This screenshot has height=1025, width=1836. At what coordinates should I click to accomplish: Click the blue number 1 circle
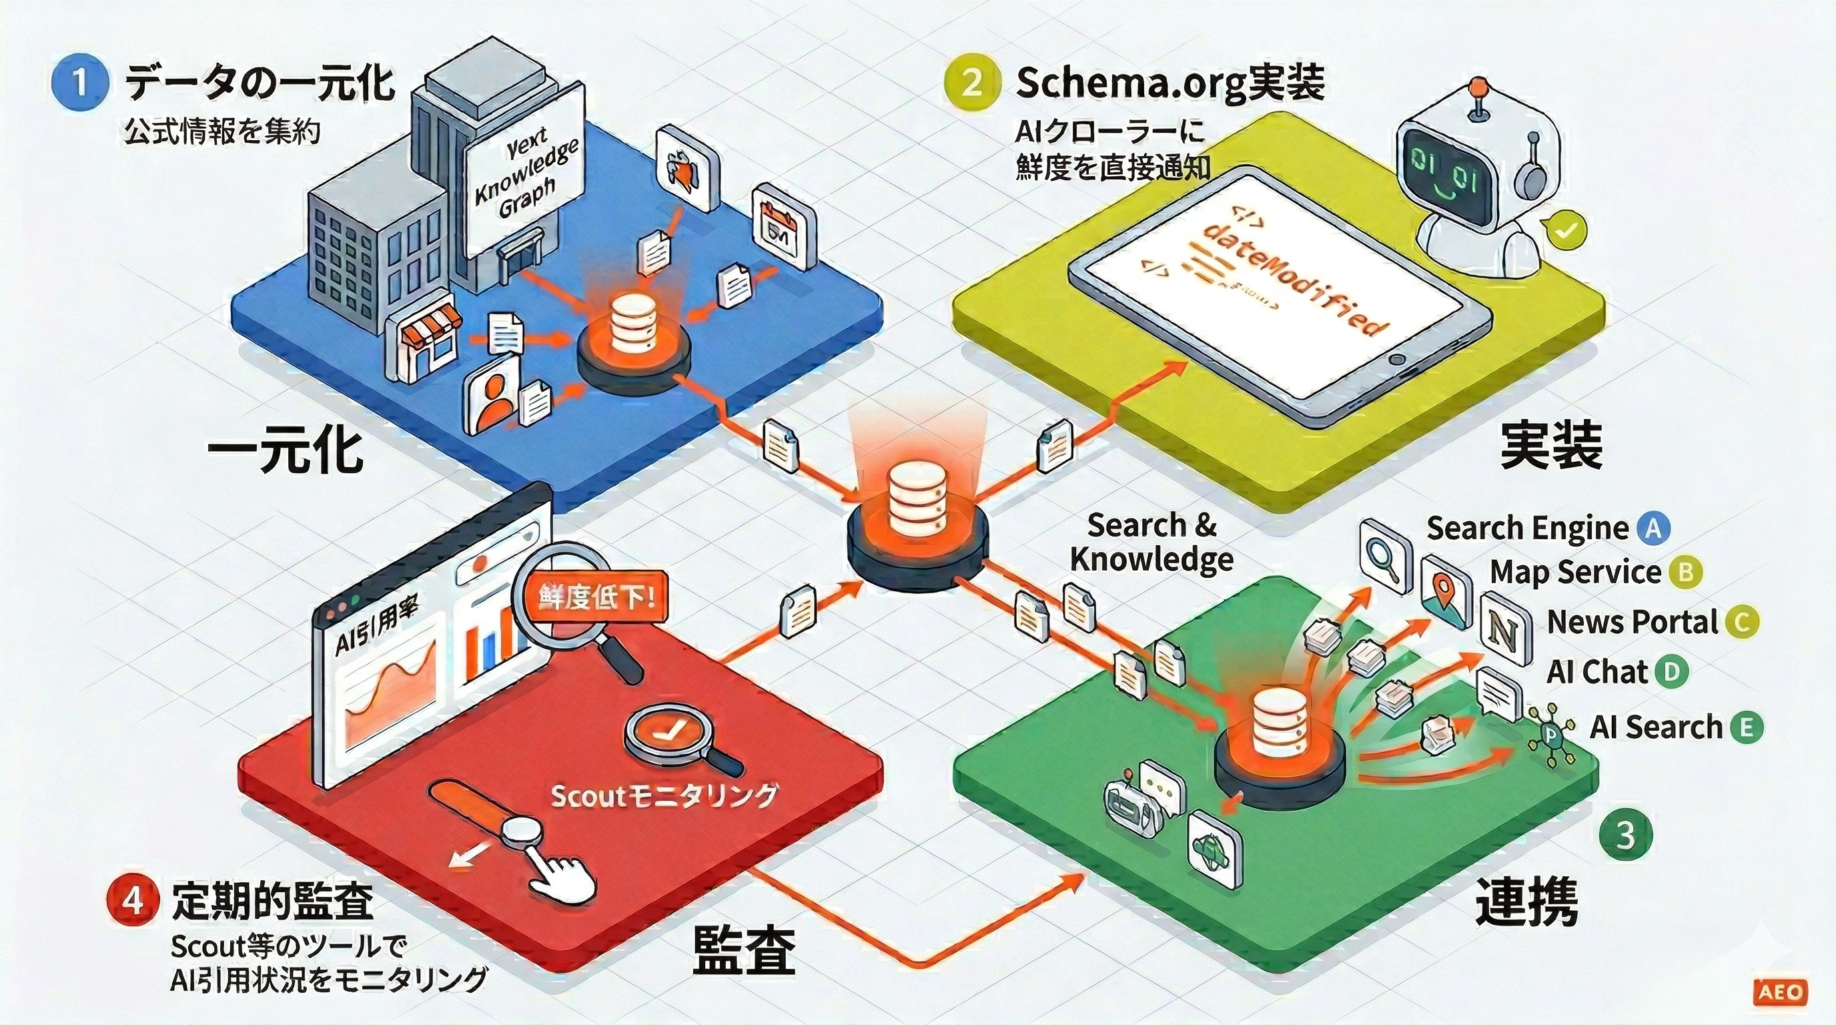tap(80, 81)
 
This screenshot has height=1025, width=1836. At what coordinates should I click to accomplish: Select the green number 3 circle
tap(1625, 835)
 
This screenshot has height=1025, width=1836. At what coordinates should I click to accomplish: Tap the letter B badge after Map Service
tap(1686, 572)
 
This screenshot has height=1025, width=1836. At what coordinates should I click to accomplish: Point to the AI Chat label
tap(1596, 672)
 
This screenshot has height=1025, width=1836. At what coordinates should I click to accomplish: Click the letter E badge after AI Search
tap(1746, 728)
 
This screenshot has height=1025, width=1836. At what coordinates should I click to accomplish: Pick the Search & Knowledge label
tap(1152, 542)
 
